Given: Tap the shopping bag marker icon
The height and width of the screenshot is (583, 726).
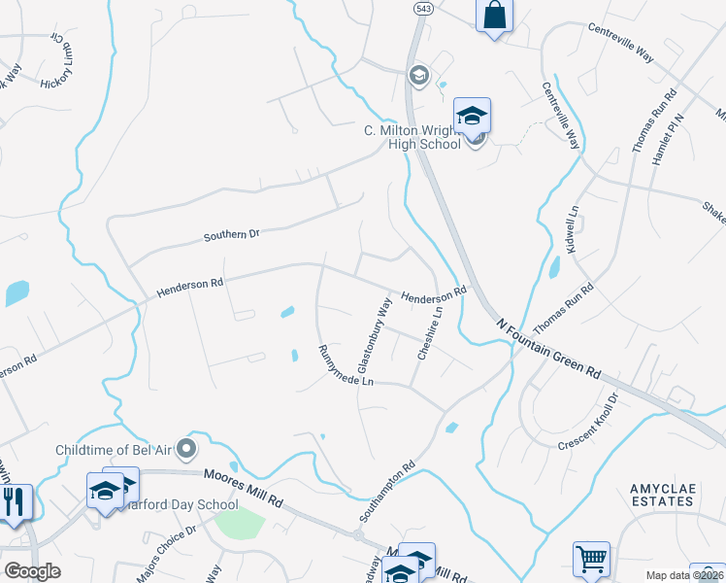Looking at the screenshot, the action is (494, 16).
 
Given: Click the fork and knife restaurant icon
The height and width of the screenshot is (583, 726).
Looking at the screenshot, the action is (15, 501).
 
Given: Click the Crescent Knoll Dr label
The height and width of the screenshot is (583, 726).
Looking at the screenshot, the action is (589, 422).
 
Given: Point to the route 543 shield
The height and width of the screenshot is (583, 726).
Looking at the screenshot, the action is (423, 8).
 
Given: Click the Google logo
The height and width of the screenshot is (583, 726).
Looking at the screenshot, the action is (32, 571).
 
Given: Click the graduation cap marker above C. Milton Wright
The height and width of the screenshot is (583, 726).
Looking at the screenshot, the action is (473, 116).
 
